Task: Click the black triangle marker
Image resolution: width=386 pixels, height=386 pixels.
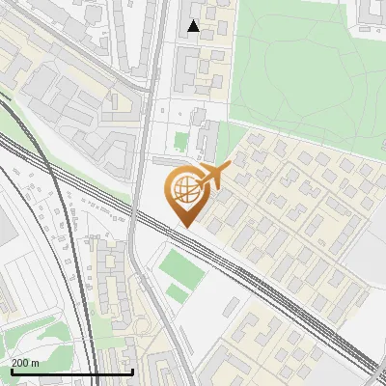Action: pos(194,26)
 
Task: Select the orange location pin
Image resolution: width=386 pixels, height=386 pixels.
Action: pos(187,193)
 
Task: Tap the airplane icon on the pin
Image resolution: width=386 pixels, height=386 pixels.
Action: pos(213,175)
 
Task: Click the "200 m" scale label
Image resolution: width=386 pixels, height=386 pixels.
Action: pos(26,363)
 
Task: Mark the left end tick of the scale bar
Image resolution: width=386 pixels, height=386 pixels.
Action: pos(11,371)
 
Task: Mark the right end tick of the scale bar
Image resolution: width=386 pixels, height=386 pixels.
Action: pos(132,371)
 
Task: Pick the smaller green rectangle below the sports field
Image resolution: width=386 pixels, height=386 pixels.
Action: pos(176,291)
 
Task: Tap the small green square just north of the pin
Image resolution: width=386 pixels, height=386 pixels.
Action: pos(180,142)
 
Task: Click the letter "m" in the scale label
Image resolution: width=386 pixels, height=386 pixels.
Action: pos(36,363)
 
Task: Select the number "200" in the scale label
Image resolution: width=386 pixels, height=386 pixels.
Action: pos(20,363)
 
